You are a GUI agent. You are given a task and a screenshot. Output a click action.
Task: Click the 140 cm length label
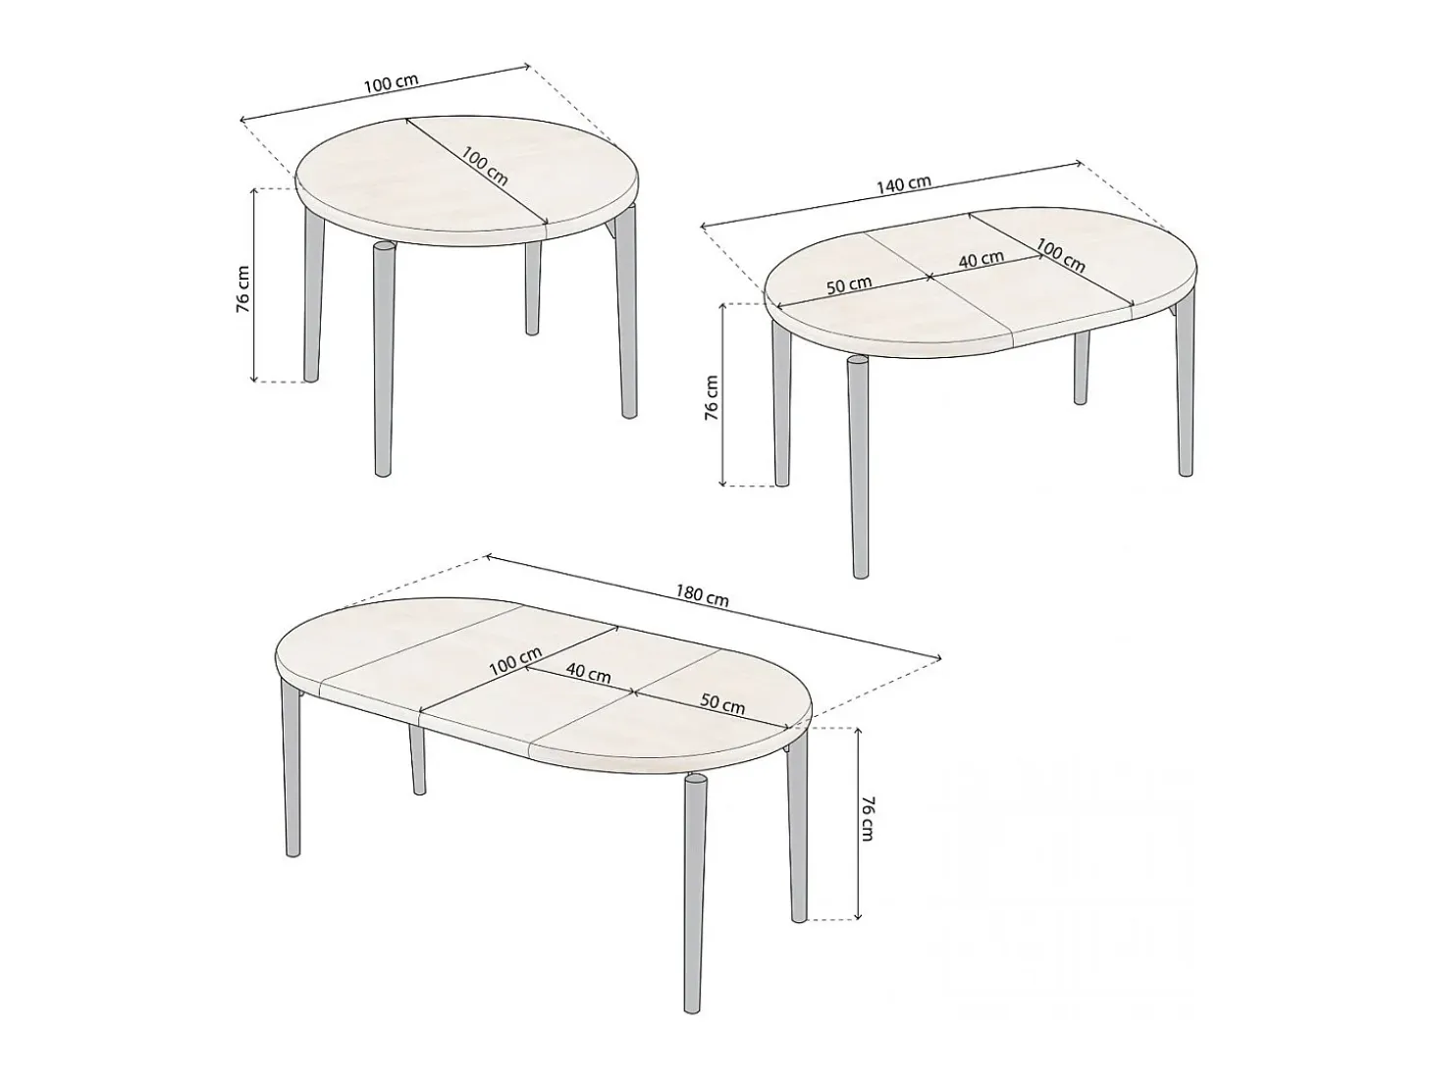tap(904, 184)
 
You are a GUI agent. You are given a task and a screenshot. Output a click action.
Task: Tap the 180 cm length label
tap(702, 595)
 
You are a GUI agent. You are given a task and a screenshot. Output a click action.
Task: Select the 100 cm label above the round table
tap(391, 82)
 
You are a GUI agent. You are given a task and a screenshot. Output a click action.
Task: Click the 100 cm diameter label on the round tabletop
tap(485, 166)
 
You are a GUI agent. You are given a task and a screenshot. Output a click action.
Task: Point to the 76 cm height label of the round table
tap(242, 288)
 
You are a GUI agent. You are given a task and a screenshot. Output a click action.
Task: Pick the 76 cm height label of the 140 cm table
tap(712, 398)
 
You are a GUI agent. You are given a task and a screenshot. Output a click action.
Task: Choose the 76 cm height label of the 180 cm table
tap(867, 819)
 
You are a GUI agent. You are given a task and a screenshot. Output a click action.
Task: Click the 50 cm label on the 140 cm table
tap(849, 285)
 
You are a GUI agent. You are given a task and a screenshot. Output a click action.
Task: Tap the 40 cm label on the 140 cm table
tap(982, 259)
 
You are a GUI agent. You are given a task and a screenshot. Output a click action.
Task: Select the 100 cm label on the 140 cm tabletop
tap(1061, 256)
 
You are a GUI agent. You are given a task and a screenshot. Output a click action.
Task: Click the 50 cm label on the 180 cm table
tap(722, 704)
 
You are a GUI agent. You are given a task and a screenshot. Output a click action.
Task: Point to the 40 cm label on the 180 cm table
tap(588, 673)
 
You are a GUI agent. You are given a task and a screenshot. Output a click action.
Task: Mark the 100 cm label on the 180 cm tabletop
tap(515, 661)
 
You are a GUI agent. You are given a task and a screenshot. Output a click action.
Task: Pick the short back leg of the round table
tap(533, 287)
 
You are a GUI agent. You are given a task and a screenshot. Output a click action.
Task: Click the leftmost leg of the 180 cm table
tap(292, 767)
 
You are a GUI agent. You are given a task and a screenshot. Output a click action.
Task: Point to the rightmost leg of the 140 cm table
tap(1185, 390)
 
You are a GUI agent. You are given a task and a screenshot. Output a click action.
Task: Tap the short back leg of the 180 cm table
tap(417, 760)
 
